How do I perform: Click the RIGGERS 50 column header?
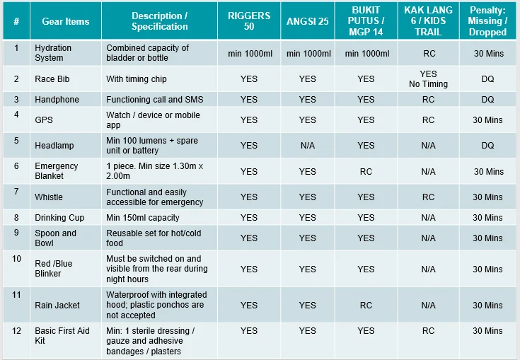click(248, 21)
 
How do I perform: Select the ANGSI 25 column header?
click(308, 21)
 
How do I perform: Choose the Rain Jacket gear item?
click(57, 306)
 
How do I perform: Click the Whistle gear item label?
click(49, 197)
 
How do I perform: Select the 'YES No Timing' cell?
click(428, 79)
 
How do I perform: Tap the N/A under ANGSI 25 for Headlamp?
click(308, 146)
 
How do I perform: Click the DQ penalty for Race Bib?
click(488, 79)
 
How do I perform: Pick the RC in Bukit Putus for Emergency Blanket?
click(366, 171)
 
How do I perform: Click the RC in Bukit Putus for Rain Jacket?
click(366, 306)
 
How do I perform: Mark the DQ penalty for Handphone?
click(488, 100)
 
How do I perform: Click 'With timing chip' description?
click(137, 79)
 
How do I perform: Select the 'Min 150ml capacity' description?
click(143, 218)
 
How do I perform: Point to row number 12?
click(16, 330)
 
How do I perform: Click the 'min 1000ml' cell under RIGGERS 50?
click(249, 54)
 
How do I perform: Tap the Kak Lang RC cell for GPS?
click(428, 120)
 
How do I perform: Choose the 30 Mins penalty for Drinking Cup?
click(488, 218)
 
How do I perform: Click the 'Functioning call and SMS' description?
click(155, 100)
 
